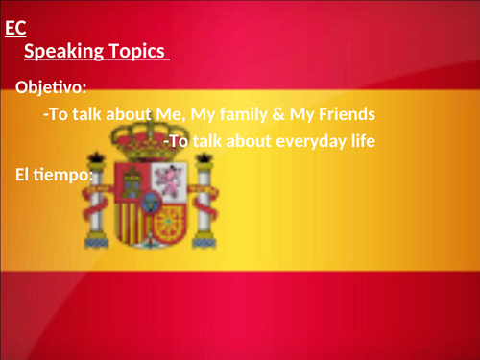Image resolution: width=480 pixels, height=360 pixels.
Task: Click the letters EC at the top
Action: coord(14,29)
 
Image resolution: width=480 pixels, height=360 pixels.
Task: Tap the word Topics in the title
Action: coord(140,51)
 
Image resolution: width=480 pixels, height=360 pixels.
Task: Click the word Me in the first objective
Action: coord(169,114)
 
